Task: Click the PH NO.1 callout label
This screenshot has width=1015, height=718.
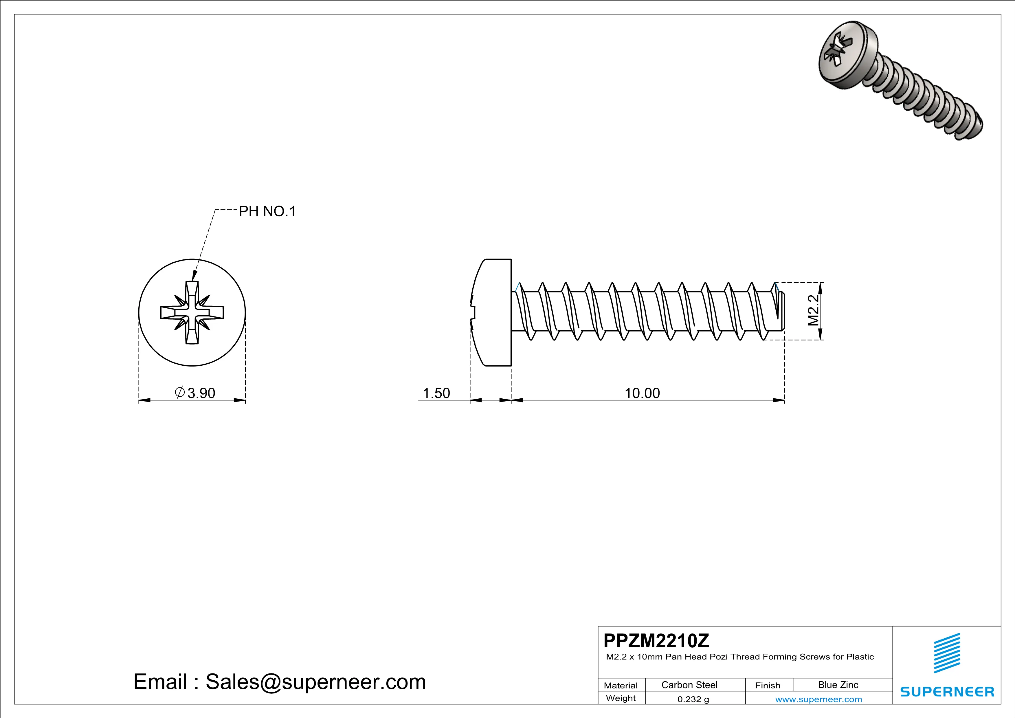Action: coord(267,212)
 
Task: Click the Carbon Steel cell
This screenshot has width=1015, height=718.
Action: coord(689,685)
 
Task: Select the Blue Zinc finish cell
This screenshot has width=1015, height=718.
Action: coord(838,685)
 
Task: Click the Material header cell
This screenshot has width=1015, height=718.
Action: coord(621,685)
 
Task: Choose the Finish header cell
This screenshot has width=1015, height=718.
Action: coord(768,685)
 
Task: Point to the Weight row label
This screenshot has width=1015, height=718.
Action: coord(621,698)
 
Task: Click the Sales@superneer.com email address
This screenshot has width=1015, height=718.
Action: coord(316,682)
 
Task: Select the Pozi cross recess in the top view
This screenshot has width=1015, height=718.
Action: coord(192,313)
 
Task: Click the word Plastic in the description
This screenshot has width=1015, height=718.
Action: coord(860,657)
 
